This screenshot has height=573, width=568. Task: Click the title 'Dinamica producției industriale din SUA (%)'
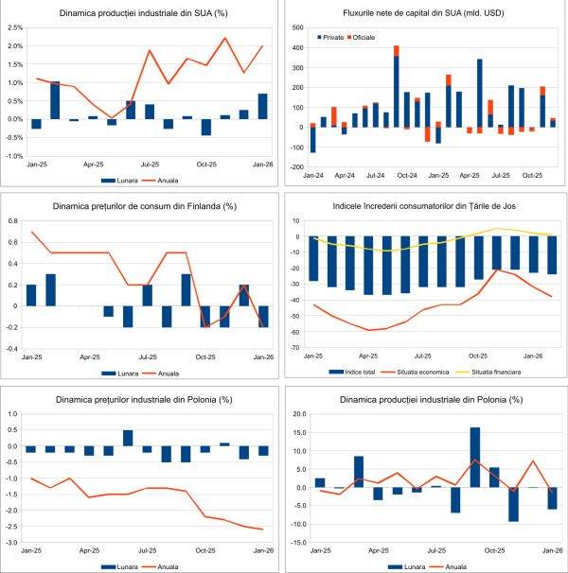[141, 13]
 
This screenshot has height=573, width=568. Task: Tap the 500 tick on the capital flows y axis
[300, 27]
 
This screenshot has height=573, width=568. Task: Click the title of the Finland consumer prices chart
[141, 206]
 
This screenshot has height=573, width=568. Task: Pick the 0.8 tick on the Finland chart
[14, 220]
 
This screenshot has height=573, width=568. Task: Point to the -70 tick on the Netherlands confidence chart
[300, 349]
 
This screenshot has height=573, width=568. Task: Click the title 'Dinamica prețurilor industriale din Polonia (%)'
[141, 399]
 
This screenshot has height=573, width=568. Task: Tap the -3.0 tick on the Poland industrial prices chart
[13, 543]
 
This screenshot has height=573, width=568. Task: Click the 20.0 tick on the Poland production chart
[300, 413]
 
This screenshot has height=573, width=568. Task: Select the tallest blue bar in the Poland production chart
[474, 458]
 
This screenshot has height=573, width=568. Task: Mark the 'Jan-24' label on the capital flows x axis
[312, 175]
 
